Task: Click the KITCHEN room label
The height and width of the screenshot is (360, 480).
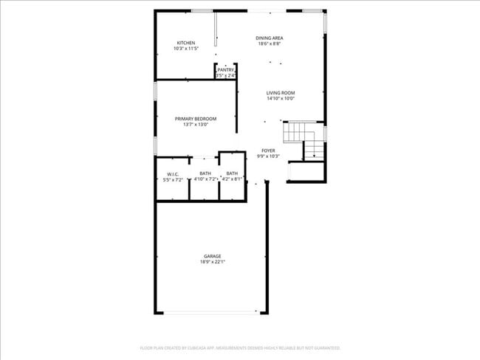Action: coord(185,43)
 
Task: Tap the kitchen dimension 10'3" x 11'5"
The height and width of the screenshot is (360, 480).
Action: coord(185,49)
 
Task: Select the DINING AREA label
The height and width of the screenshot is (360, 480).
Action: coord(270,38)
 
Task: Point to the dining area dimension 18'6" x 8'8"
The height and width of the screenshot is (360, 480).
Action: coord(270,44)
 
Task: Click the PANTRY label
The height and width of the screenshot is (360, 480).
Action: coord(226,70)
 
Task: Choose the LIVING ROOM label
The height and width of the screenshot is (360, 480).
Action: coord(281,93)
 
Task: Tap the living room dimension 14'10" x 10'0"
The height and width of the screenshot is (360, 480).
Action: coord(281,99)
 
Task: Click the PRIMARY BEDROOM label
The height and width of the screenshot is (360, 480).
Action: coord(196,119)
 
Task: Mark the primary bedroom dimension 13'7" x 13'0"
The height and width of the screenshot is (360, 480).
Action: coord(196,125)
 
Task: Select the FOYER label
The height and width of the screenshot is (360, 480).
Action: coord(268,150)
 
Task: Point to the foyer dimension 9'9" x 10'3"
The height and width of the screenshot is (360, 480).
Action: coord(268,156)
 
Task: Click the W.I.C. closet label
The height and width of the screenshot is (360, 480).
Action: coord(173,174)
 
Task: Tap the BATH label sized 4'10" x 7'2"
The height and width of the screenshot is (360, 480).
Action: coord(205,173)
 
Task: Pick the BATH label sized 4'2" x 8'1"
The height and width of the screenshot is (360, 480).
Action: coord(232,173)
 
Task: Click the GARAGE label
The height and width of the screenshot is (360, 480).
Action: coord(213,256)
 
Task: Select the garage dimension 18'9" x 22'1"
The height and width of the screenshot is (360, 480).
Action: coord(213,262)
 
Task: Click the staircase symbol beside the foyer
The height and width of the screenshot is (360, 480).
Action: coord(304,140)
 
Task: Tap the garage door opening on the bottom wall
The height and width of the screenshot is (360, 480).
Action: coord(210,313)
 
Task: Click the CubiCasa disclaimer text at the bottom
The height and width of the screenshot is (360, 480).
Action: coord(240,347)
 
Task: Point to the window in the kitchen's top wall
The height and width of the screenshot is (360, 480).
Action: coord(202,10)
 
